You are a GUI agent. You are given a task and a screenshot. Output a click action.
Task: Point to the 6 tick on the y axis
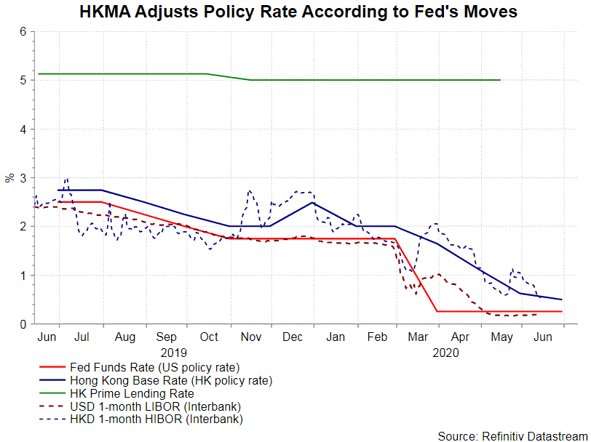pos(23,32)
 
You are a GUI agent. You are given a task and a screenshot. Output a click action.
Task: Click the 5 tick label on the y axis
pos(23,81)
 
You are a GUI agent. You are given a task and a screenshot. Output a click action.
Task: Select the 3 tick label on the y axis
pos(23,178)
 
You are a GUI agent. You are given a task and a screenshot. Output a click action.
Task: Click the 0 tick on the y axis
pos(23,324)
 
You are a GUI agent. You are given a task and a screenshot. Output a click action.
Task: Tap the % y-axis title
pos(9,178)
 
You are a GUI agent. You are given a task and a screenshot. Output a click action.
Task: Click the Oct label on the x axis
pos(210,337)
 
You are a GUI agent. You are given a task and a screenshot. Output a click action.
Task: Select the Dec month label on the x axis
pos(293,337)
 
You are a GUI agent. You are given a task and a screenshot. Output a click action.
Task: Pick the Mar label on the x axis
pos(419,337)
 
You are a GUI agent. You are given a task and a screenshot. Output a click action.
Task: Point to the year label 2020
pos(445,352)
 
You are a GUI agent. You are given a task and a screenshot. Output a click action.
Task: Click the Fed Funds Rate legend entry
pos(154,366)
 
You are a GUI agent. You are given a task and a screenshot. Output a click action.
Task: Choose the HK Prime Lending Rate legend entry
pos(131,393)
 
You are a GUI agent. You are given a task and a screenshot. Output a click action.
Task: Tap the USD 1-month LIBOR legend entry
pos(154,406)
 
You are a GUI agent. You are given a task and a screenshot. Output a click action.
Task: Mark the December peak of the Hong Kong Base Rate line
pos(313,202)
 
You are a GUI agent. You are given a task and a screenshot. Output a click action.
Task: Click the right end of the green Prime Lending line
pos(501,80)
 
